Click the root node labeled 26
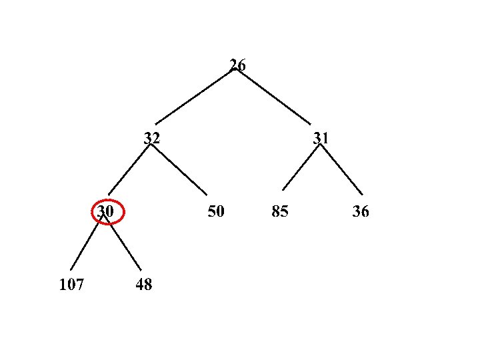tap(237, 65)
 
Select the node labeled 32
tap(152, 138)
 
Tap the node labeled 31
tap(321, 138)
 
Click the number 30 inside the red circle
tap(105, 211)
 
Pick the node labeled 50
tap(216, 211)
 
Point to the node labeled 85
tap(280, 211)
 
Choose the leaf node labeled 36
tap(361, 211)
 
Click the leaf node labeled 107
tap(71, 285)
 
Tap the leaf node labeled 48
tap(143, 285)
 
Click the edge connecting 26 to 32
tap(195, 97)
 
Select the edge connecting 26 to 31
tap(274, 97)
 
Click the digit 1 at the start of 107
tap(63, 285)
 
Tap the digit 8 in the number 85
tap(276, 211)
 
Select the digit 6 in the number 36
tap(365, 211)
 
